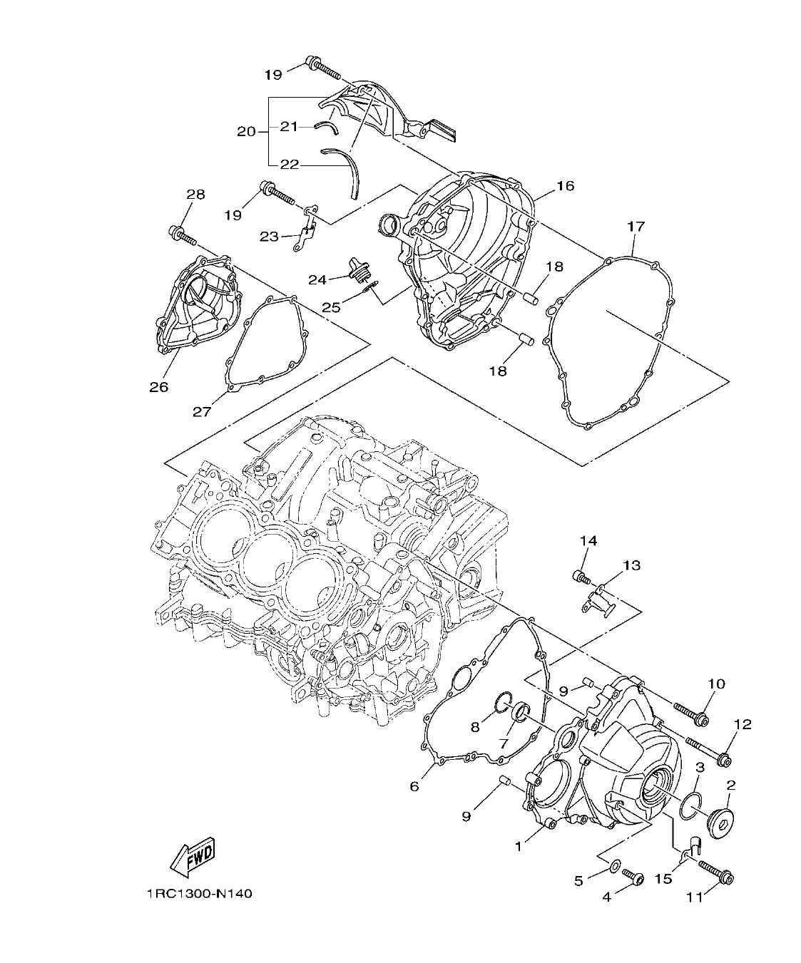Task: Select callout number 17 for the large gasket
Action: (636, 227)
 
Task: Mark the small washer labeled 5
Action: (613, 867)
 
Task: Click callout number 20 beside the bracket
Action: (246, 132)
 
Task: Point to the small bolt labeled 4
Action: (633, 876)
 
